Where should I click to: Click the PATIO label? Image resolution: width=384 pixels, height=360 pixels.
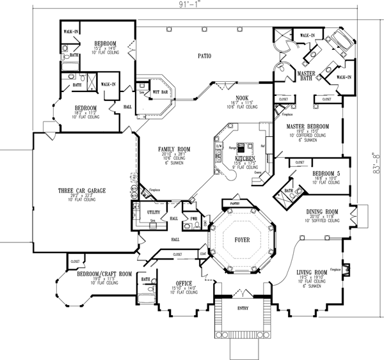point(204,56)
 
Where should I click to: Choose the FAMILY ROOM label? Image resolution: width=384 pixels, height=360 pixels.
point(172,148)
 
